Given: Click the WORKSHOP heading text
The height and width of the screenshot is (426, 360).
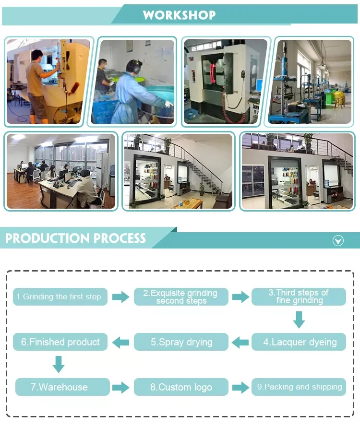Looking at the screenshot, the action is pos(179,15).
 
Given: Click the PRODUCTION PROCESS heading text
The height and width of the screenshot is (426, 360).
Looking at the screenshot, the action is pos(75,238).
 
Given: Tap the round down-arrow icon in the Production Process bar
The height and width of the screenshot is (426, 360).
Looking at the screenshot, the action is pos(338,240).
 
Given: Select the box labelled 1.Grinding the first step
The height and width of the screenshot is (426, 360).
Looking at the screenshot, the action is pos(60,296).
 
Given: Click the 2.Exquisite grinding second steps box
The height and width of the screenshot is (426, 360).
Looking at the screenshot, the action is pos(181,296).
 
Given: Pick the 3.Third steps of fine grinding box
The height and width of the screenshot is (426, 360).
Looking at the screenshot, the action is pos(299,296).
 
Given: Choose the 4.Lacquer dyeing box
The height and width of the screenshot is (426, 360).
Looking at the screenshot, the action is pos(299,342).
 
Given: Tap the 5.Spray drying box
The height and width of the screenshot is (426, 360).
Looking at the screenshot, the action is pos(181,342).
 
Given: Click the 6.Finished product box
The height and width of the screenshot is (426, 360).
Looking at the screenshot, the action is pos(60,342).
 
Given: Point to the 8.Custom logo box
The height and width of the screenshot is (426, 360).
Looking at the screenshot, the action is pos(181,387).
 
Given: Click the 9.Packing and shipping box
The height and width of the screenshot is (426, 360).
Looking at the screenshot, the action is pos(299,387).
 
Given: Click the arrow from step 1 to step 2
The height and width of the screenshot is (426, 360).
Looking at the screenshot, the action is pos(121,297).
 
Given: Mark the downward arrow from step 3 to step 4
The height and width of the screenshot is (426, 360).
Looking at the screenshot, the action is pos(299,319).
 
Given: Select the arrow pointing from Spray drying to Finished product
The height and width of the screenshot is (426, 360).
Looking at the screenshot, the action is pos(121,343).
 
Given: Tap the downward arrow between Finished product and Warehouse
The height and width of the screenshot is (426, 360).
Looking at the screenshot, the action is pos(59,365).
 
